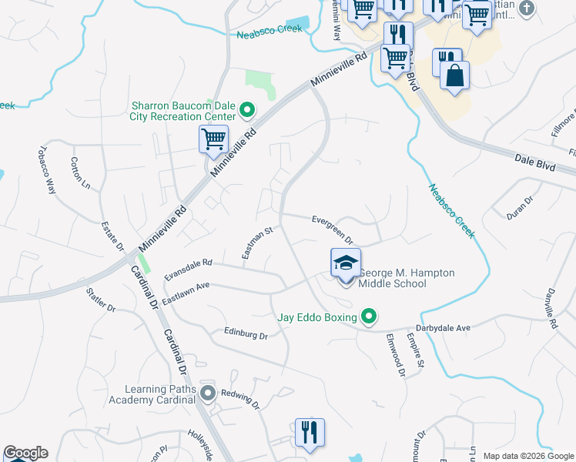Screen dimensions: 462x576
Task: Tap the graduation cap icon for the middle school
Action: [x=346, y=263]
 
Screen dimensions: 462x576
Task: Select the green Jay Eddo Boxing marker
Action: [x=369, y=316]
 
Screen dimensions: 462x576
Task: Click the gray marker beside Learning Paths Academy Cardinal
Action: [x=207, y=394]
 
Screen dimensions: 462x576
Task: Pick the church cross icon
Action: [x=526, y=8]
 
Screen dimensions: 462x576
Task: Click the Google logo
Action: [x=25, y=453]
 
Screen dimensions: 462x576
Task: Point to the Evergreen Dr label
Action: [x=332, y=229]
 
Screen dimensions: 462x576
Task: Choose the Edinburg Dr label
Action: [x=246, y=336]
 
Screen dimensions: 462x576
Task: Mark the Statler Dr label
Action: [x=100, y=300]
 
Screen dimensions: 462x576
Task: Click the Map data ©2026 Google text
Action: [x=527, y=456]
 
